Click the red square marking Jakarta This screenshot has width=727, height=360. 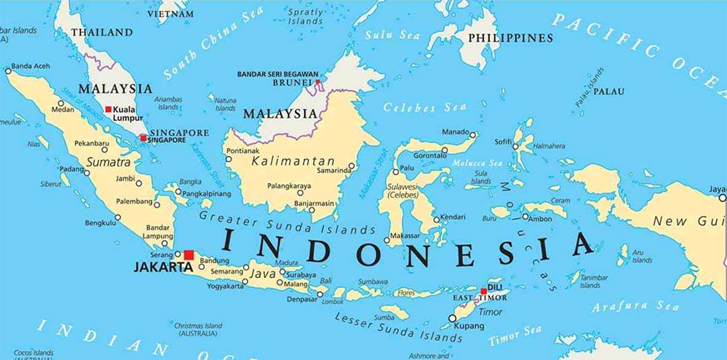click(189, 255)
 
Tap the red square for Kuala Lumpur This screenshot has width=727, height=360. click(108, 109)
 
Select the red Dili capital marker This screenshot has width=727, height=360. click(483, 291)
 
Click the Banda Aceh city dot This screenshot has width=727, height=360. click(8, 70)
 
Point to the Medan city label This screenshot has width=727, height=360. click(63, 110)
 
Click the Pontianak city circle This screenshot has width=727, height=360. click(229, 159)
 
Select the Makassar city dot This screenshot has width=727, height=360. click(386, 240)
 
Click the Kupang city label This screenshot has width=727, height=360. click(469, 326)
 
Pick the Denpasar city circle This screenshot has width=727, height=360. click(320, 294)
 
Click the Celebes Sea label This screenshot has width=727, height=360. click(415, 107)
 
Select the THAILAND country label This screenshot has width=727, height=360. click(102, 32)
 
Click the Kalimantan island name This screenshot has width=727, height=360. click(293, 161)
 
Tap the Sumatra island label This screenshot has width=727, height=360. click(108, 163)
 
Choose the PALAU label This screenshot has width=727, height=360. click(609, 92)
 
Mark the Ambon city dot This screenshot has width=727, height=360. click(525, 217)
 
